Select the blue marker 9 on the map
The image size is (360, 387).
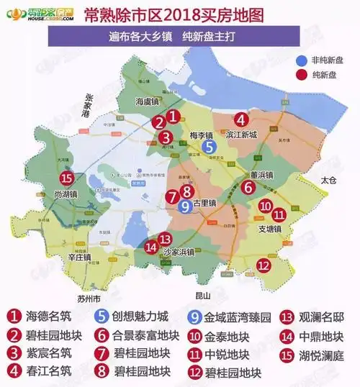coord(185,206)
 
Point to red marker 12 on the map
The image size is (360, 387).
coord(264,265)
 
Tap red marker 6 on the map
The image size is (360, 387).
coord(247,187)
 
